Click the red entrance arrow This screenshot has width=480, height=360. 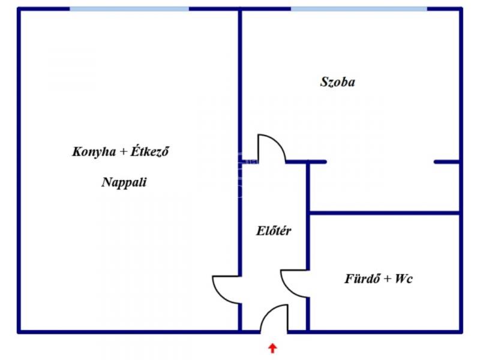pyautogui.click(x=273, y=347)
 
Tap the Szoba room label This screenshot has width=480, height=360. pyautogui.click(x=337, y=82)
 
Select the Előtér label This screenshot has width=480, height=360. pyautogui.click(x=274, y=230)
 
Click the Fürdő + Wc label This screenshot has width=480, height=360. pyautogui.click(x=378, y=279)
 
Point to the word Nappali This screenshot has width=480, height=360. pyautogui.click(x=124, y=183)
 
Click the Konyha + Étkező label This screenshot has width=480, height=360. pyautogui.click(x=120, y=152)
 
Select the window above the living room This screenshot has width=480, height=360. pyautogui.click(x=129, y=9)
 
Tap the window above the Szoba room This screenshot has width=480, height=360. pyautogui.click(x=359, y=9)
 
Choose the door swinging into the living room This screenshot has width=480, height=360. pyautogui.click(x=227, y=288)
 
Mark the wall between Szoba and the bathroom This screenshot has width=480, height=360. pyautogui.click(x=384, y=212)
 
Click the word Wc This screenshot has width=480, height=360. pyautogui.click(x=404, y=279)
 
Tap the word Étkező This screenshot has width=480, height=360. pyautogui.click(x=150, y=152)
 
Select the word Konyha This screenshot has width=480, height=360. pyautogui.click(x=93, y=152)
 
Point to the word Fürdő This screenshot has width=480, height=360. pyautogui.click(x=362, y=279)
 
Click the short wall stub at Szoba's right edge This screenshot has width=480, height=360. pyautogui.click(x=447, y=161)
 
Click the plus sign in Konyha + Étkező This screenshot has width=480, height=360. pyautogui.click(x=123, y=152)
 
